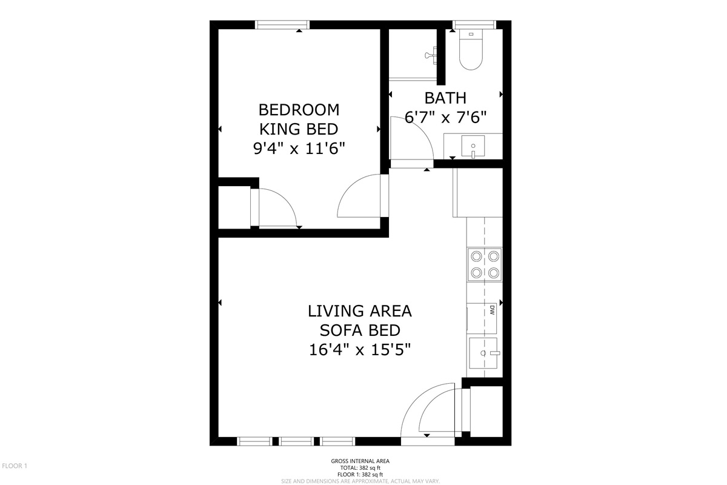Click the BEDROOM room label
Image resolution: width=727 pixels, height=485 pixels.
click(299, 110)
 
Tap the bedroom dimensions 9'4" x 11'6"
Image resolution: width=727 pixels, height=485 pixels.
click(299, 149)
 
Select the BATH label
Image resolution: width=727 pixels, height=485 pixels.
click(445, 98)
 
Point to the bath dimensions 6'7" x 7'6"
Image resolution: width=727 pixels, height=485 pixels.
click(446, 117)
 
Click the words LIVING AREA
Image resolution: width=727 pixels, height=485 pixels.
click(360, 311)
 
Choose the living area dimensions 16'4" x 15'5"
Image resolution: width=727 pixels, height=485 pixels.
click(360, 350)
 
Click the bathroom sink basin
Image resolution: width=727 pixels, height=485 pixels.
click(473, 147)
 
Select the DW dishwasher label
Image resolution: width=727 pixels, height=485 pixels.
click(492, 310)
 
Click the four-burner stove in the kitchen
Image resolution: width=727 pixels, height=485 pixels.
click(485, 264)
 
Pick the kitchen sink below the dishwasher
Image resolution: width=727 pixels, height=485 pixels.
click(483, 353)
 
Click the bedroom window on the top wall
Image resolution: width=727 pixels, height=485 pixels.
click(282, 25)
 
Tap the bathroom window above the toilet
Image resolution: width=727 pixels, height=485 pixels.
click(474, 25)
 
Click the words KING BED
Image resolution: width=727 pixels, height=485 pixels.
click(299, 129)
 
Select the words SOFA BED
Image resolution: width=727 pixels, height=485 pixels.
click(360, 330)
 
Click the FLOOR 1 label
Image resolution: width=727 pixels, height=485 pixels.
click(15, 466)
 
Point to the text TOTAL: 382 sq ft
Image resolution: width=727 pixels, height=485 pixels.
click(360, 468)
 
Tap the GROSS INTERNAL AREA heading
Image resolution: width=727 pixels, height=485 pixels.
click(360, 461)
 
